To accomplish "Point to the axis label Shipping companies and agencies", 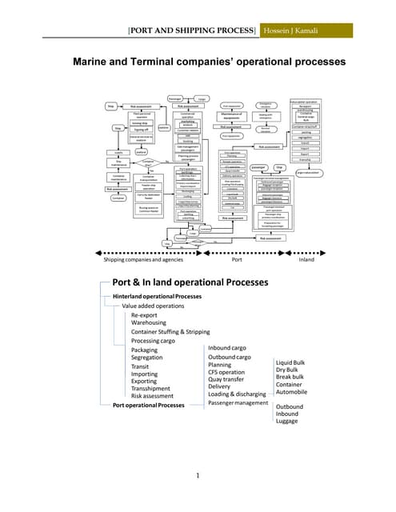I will click(x=143, y=258).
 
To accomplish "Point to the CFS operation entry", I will click(x=226, y=372).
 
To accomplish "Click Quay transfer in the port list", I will click(x=227, y=379).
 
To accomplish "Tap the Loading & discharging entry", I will click(x=238, y=394).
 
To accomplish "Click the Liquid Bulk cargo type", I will click(x=290, y=362).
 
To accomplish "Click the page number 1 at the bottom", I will click(x=197, y=477).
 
